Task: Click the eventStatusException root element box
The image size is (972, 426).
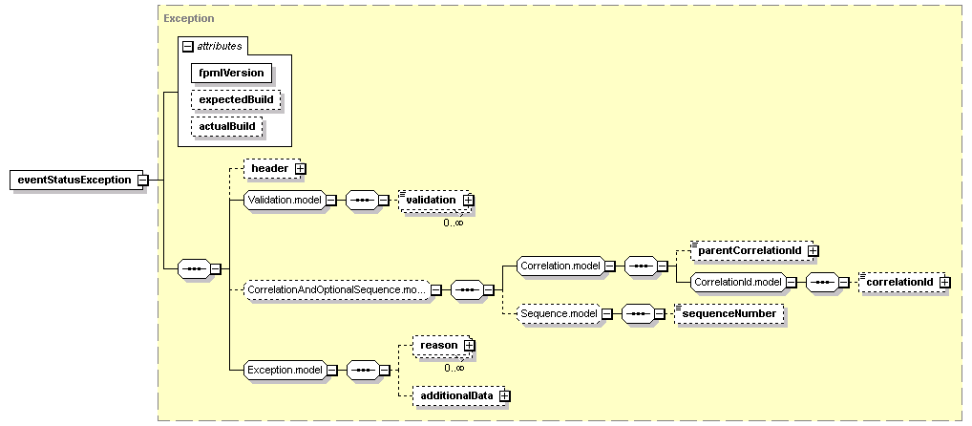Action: [x=74, y=181]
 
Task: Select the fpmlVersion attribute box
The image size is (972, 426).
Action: [x=231, y=73]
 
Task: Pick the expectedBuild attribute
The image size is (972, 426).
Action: [x=236, y=99]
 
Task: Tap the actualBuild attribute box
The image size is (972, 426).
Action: [x=227, y=126]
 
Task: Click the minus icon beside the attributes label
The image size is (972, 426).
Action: [x=188, y=47]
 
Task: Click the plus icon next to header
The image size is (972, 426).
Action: [x=300, y=168]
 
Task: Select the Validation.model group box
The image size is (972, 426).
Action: [x=285, y=201]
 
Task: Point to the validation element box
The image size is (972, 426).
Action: [x=433, y=201]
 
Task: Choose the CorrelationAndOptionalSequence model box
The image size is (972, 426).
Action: [x=337, y=289]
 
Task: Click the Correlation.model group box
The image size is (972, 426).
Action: [x=560, y=266]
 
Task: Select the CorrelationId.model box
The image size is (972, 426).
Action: [x=738, y=282]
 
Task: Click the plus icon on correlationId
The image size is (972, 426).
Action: [x=944, y=282]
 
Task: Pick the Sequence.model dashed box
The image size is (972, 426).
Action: [x=559, y=313]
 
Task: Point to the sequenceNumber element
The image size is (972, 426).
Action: [x=729, y=313]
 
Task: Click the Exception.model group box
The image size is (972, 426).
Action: [x=285, y=371]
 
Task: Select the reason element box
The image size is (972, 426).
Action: [x=439, y=345]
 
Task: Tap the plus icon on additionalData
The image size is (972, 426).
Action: [x=505, y=395]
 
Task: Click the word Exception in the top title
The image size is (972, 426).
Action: [x=188, y=18]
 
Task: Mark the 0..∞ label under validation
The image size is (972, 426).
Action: [x=454, y=223]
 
